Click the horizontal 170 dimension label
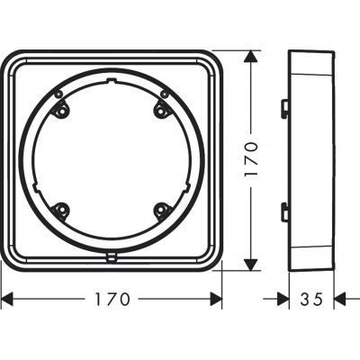click(112, 298)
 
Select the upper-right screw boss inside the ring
click(163, 109)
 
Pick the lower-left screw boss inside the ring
click(61, 211)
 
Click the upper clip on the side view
click(284, 108)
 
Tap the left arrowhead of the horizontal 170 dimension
click(7, 297)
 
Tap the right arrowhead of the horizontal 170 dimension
click(216, 297)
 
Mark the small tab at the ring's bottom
click(112, 255)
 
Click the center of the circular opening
click(112, 161)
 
